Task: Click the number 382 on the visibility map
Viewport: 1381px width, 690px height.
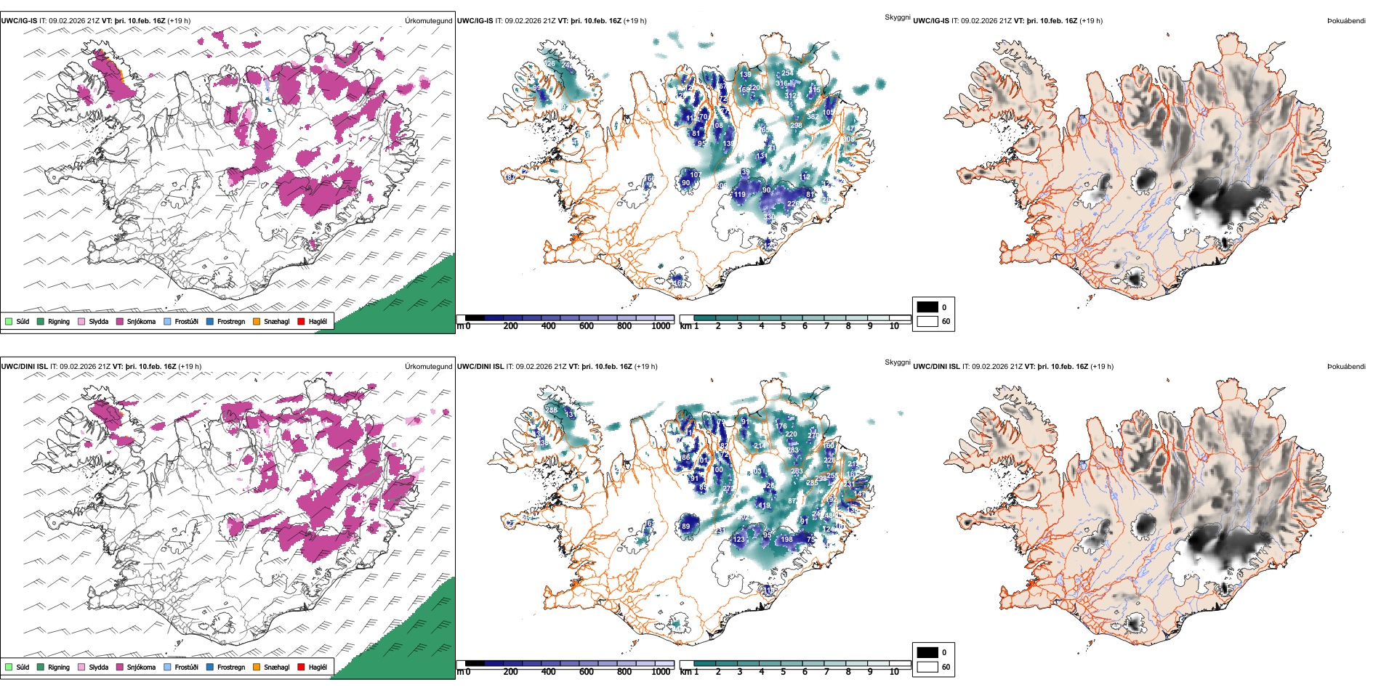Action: pyautogui.click(x=812, y=117)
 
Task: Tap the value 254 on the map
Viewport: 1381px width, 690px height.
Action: pyautogui.click(x=787, y=73)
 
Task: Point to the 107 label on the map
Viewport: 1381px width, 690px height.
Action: pyautogui.click(x=695, y=175)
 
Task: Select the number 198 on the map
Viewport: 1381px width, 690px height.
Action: pyautogui.click(x=786, y=540)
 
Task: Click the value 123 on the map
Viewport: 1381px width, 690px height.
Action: pyautogui.click(x=739, y=540)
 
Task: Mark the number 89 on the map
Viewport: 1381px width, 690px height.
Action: pyautogui.click(x=685, y=527)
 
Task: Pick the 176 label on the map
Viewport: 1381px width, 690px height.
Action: pyautogui.click(x=781, y=426)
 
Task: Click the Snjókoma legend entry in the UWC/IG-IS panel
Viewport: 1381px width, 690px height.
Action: pyautogui.click(x=136, y=321)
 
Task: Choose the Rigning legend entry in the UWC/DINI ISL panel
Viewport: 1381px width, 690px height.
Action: pyautogui.click(x=54, y=667)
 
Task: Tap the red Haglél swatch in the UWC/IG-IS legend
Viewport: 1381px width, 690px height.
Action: pyautogui.click(x=301, y=321)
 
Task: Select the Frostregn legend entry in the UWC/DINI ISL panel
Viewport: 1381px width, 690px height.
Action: pyautogui.click(x=225, y=667)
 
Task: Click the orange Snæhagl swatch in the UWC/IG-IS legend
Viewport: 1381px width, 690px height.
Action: pyautogui.click(x=257, y=321)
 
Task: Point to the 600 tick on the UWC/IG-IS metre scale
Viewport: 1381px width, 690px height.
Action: pyautogui.click(x=587, y=326)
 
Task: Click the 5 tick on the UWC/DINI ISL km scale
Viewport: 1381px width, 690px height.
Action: pyautogui.click(x=783, y=672)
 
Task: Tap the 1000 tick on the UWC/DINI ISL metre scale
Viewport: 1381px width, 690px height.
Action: pyautogui.click(x=661, y=672)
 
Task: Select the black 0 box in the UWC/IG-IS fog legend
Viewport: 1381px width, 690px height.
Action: pyautogui.click(x=927, y=307)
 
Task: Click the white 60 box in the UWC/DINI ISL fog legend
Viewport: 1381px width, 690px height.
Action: pyautogui.click(x=927, y=667)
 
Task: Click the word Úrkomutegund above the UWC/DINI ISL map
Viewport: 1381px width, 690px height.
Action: pyautogui.click(x=428, y=367)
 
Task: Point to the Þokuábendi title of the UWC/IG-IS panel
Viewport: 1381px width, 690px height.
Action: pyautogui.click(x=1346, y=21)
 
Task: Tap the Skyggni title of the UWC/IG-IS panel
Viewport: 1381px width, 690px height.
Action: pyautogui.click(x=897, y=17)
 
